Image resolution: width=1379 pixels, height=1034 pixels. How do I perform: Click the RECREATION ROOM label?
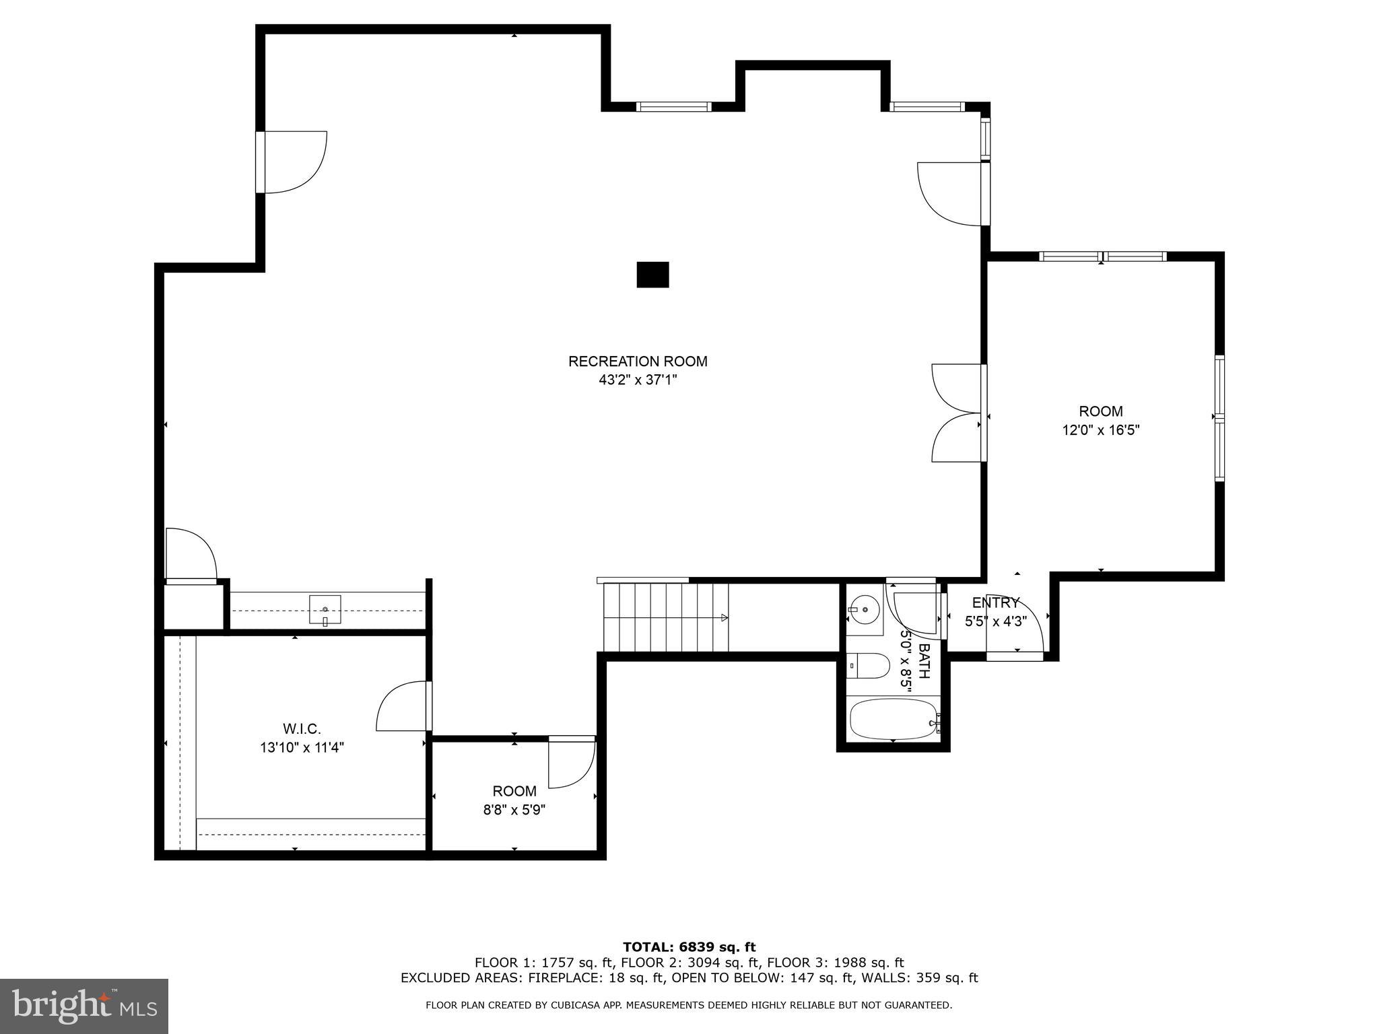coord(638,361)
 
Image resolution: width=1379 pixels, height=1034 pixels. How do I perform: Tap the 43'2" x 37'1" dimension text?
coord(638,380)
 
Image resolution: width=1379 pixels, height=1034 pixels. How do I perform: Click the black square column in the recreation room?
coord(652,275)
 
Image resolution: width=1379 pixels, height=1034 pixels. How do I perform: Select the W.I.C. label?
coord(302,728)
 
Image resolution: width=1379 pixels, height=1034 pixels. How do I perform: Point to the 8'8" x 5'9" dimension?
coord(514,810)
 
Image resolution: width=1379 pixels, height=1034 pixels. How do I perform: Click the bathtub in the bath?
coord(893,719)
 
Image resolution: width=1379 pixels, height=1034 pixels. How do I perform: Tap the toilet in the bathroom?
coord(869,666)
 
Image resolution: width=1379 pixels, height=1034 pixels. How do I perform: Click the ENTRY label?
coord(995,602)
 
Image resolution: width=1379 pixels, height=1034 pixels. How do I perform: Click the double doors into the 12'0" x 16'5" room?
coord(956,413)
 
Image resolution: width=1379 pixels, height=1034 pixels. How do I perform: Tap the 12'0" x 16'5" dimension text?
coord(1101,430)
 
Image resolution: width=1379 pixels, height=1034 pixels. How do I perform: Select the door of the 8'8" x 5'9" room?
coord(571,763)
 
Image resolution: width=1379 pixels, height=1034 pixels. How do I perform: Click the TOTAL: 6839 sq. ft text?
coord(689,948)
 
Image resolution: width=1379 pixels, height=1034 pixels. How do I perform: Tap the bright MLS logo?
coord(84,1006)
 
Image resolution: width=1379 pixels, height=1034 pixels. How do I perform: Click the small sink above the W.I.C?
coord(325,610)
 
